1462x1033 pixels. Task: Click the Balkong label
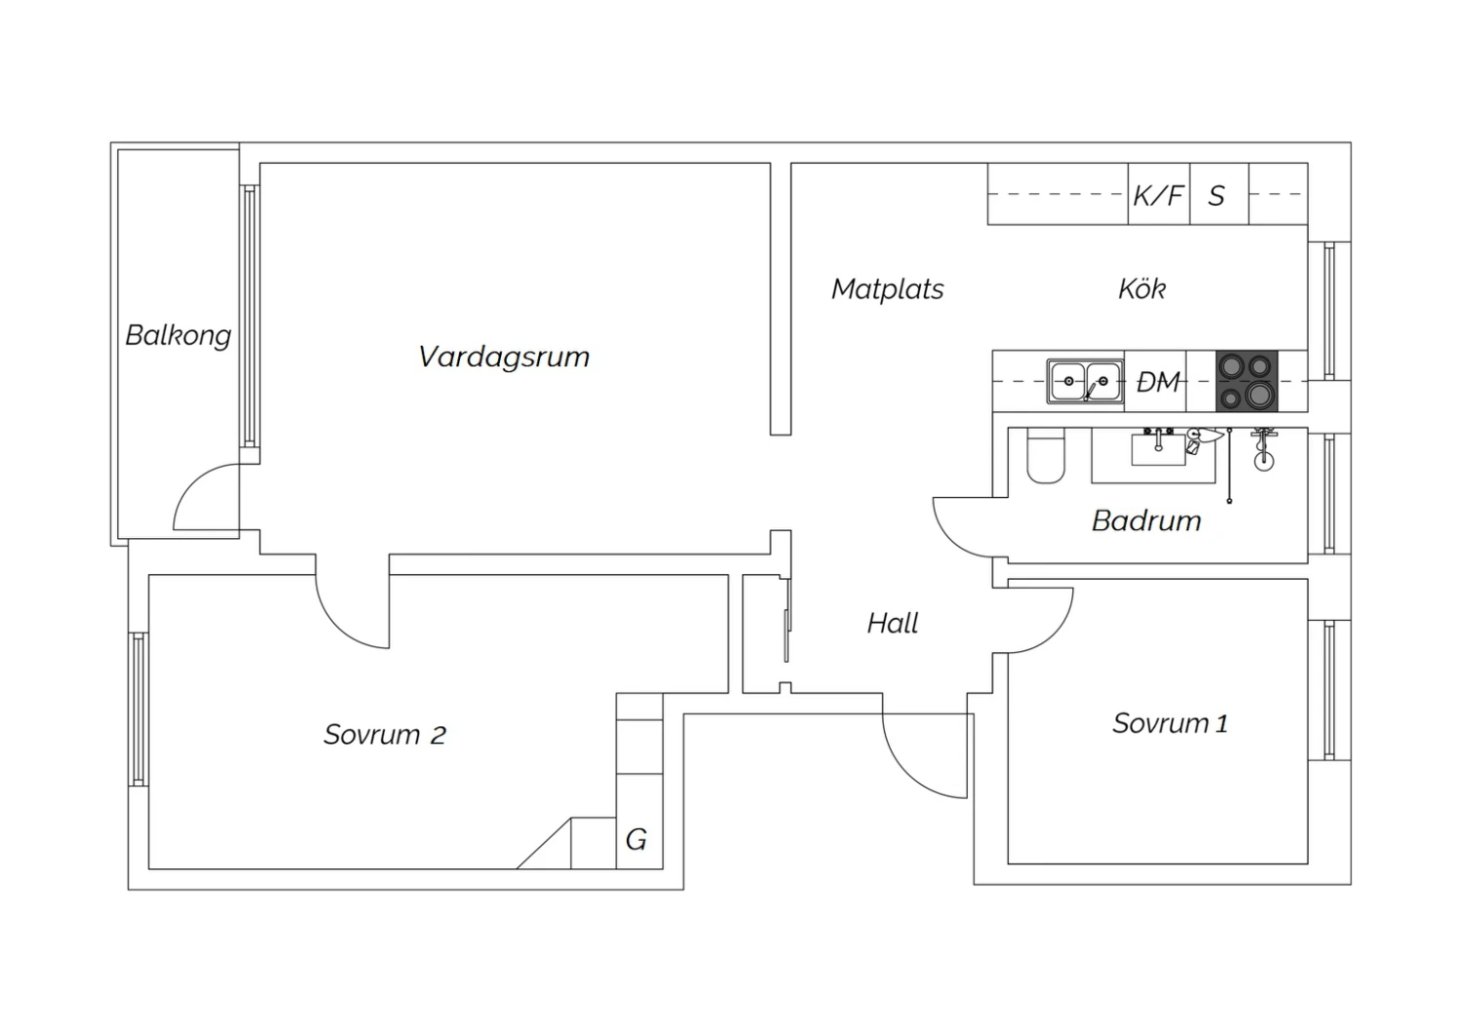pos(178,336)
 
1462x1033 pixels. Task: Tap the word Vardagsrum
pos(504,358)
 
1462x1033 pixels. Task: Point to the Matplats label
pos(888,289)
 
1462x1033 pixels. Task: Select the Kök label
pos(1142,288)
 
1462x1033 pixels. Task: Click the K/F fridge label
pos(1159,195)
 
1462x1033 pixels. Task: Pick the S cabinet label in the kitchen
pos(1216,196)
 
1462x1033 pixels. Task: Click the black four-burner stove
pos(1247,381)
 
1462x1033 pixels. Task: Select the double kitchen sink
pos(1086,380)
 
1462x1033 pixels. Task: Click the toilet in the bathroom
pos(1046,455)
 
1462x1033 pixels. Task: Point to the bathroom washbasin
pos(1159,449)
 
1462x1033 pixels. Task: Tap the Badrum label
pos(1147,520)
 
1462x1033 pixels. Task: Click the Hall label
pos(892,623)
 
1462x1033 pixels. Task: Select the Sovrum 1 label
pos(1171,723)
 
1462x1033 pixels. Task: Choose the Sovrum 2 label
pos(385,735)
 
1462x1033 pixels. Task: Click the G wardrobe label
pos(636,839)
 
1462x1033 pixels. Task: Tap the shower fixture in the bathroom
pos(1263,450)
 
